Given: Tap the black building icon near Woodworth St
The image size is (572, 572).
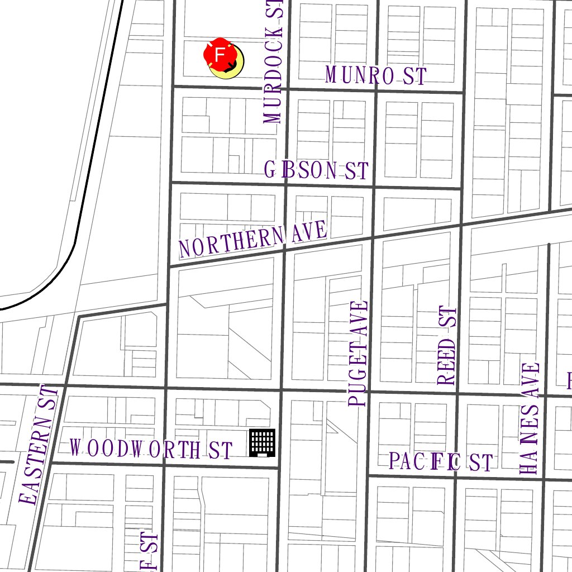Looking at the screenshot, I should point(262,443).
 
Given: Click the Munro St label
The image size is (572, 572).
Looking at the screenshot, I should point(375,75).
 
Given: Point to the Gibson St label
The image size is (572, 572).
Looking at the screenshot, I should point(316,170).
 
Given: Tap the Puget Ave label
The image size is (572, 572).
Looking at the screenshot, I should point(359,354).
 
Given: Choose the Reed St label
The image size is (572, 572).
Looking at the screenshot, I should point(447,346).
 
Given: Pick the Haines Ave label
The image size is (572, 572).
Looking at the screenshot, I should point(530,419).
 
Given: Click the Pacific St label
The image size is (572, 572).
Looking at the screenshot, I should point(441,463).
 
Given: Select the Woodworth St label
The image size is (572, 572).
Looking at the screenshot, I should point(151,449).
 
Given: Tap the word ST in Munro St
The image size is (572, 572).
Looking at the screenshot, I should point(414,76).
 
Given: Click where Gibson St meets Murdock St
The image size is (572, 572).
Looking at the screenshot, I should point(285,184).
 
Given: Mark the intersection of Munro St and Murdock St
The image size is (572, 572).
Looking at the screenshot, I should point(288,89).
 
